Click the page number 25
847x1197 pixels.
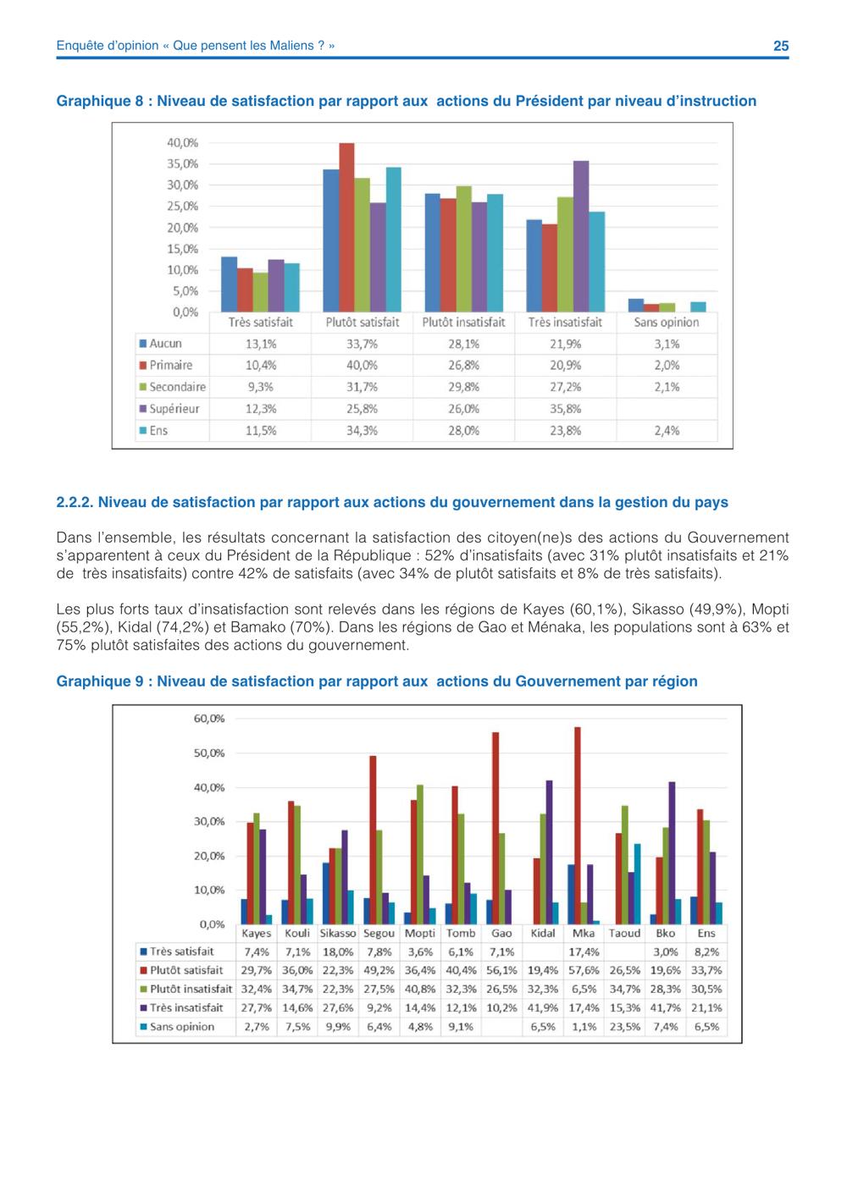click(x=781, y=46)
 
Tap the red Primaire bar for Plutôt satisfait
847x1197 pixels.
click(x=346, y=228)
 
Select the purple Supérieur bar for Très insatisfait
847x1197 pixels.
click(x=581, y=237)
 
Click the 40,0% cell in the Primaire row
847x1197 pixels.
click(x=362, y=366)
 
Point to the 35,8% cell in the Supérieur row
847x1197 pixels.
click(x=565, y=409)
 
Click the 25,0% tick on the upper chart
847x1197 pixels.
click(x=183, y=207)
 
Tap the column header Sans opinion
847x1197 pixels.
click(x=667, y=323)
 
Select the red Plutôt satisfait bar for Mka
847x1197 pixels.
click(x=578, y=825)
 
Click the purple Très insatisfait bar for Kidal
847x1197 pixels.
click(x=549, y=852)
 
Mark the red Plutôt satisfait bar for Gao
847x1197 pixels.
click(x=495, y=828)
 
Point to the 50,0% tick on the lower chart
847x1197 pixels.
click(x=209, y=753)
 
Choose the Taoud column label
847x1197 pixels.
click(x=624, y=933)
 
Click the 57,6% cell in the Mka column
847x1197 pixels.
click(x=584, y=970)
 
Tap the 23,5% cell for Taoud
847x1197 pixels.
click(x=624, y=1027)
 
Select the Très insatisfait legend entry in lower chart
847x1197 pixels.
click(x=181, y=1008)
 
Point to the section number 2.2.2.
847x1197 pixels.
click(x=75, y=502)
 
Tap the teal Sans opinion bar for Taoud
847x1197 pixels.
click(x=638, y=884)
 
